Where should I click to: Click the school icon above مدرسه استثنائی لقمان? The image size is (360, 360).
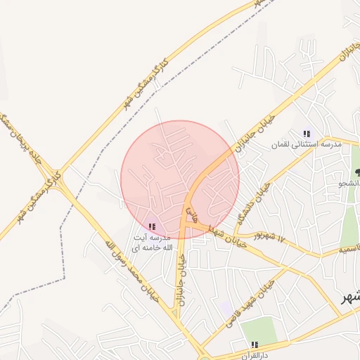click(306, 133)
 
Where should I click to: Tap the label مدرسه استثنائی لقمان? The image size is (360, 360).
click(307, 144)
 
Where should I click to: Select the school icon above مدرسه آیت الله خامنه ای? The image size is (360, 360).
click(152, 226)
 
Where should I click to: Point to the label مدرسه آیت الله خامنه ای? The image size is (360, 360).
click(150, 243)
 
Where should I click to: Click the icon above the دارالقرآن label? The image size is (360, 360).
click(255, 344)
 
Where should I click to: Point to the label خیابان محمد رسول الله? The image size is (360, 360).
click(134, 271)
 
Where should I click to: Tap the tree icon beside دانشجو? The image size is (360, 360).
click(358, 172)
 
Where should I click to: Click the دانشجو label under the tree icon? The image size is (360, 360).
click(350, 184)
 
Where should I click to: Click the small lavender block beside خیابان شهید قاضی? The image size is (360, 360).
click(225, 308)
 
